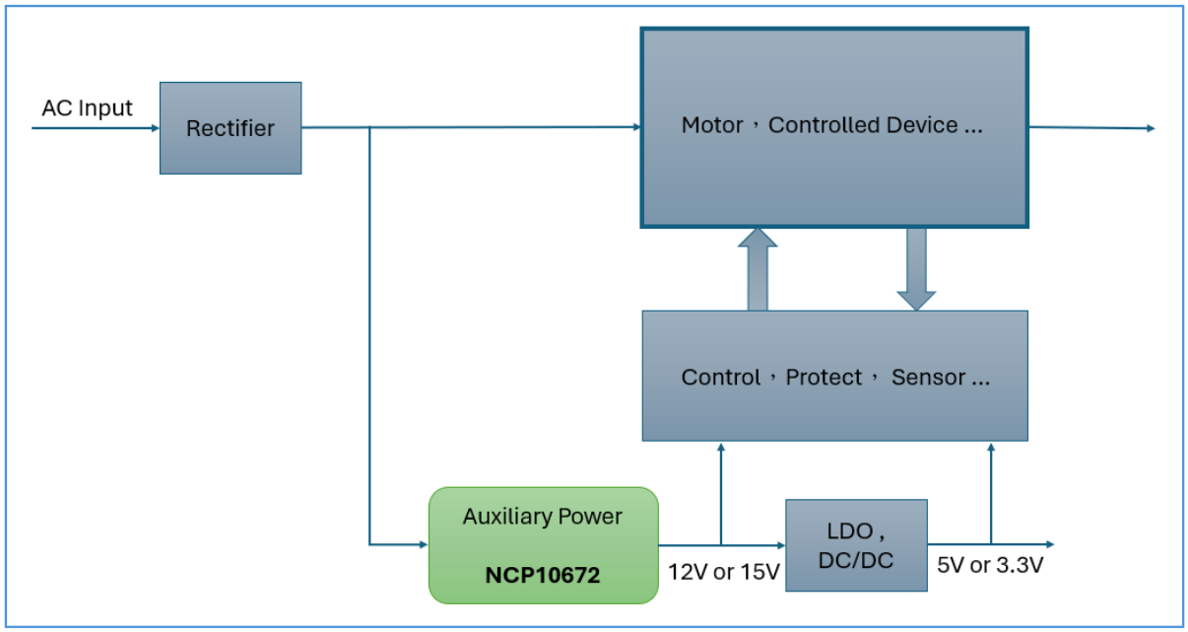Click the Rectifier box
231,128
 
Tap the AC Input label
87,108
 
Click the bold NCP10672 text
542,574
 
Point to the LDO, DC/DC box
856,545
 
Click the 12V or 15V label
724,573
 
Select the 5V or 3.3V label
990,567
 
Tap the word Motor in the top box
712,126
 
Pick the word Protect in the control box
824,378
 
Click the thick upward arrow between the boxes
758,268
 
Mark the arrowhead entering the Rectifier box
155,128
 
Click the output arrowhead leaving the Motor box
1150,128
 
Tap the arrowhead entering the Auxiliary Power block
423,544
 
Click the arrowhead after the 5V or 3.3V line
1050,544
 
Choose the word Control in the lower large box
720,378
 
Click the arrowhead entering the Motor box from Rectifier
636,127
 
